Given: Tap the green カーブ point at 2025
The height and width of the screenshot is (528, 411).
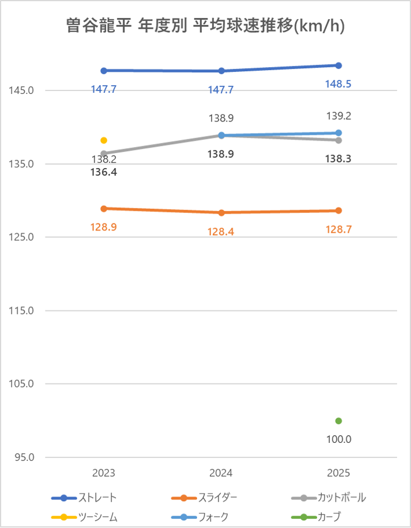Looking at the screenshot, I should [338, 421].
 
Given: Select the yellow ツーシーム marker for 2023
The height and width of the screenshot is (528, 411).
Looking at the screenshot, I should [104, 140].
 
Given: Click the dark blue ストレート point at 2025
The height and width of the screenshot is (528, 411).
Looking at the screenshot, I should [338, 65].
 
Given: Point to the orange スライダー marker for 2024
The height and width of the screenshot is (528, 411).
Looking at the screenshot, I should [222, 213].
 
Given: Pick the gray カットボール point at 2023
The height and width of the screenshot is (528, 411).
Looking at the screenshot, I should [104, 153].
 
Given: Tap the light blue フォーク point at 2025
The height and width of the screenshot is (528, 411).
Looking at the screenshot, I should [338, 133].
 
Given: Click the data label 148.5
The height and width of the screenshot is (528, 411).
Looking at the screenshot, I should [338, 84].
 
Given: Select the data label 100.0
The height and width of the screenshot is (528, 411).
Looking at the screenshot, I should [338, 439].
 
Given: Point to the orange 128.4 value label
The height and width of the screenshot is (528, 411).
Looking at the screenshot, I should [222, 232].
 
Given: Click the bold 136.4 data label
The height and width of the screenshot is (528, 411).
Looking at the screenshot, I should [104, 172].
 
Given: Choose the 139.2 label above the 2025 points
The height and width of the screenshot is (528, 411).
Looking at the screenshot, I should [338, 116].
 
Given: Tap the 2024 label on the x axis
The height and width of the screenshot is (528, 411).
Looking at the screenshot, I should [222, 473].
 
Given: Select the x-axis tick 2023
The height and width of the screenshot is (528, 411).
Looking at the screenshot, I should [104, 473].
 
